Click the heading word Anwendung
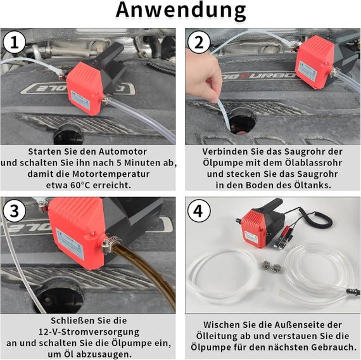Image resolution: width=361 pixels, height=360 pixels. [180, 10]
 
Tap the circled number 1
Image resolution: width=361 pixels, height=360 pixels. [15, 42]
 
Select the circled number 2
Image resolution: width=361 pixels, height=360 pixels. [199, 42]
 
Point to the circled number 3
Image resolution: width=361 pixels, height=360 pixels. [15, 210]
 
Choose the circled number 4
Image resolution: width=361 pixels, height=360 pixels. [199, 210]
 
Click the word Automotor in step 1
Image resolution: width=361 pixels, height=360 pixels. [123, 151]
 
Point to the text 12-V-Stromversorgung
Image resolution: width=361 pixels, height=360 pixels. [89, 332]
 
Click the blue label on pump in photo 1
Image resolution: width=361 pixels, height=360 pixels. [80, 101]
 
